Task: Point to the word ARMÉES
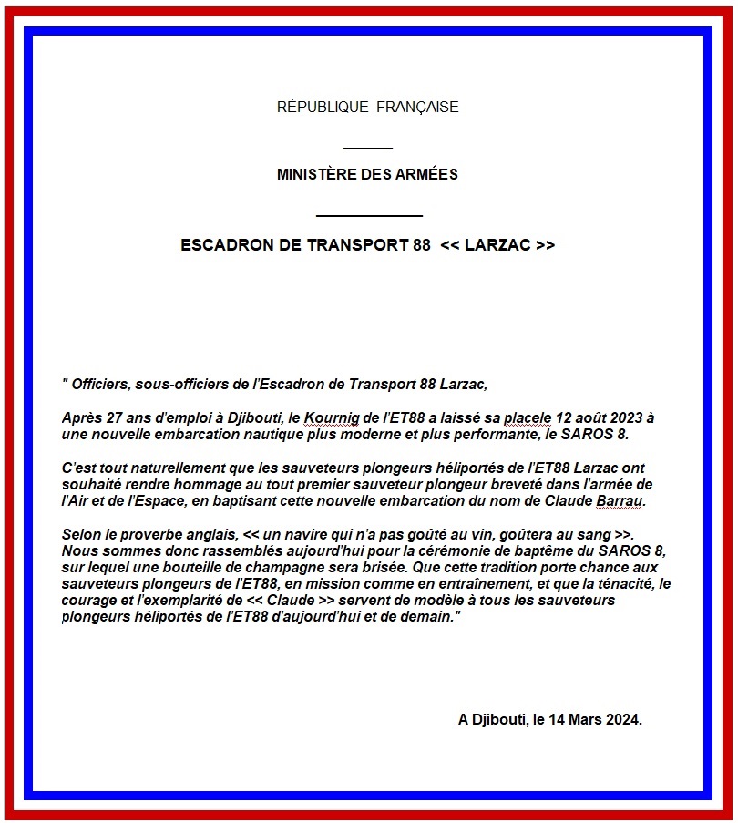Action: (427, 174)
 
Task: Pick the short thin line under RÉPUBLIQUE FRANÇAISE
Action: (368, 147)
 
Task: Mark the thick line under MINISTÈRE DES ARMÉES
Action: (369, 215)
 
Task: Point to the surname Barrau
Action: (620, 500)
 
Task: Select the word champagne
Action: (330, 568)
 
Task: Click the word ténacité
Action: (619, 584)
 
